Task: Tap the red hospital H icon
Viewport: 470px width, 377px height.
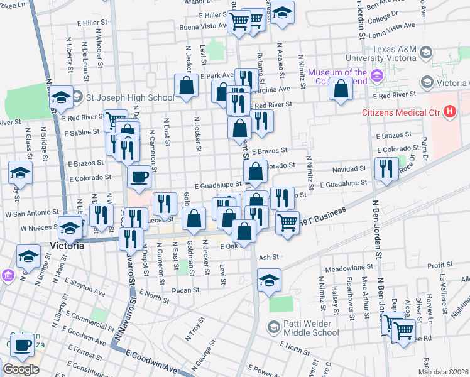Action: (x=449, y=112)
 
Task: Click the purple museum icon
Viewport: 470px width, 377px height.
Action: (x=377, y=77)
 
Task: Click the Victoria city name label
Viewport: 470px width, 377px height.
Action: (x=67, y=246)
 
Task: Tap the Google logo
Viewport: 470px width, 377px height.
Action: (x=21, y=369)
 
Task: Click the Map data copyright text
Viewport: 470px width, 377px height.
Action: (x=443, y=372)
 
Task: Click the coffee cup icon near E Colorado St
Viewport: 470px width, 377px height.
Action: (x=139, y=176)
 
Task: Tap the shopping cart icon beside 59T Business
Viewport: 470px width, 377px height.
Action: (x=287, y=221)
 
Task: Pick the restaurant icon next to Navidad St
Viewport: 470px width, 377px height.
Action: (x=386, y=168)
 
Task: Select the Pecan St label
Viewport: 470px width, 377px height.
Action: (x=187, y=290)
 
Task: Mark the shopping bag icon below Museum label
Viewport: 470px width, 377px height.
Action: (x=340, y=90)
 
